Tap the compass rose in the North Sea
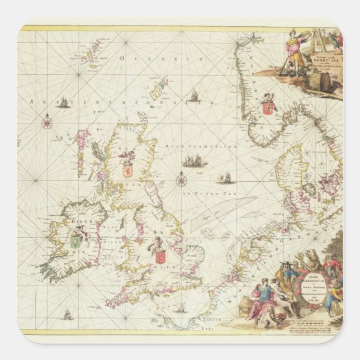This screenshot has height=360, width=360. tap(181, 180)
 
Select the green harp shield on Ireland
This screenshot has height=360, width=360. tap(74, 241)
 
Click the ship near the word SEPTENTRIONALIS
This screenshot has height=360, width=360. tap(64, 102)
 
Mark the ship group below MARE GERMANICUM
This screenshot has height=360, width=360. tap(196, 162)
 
